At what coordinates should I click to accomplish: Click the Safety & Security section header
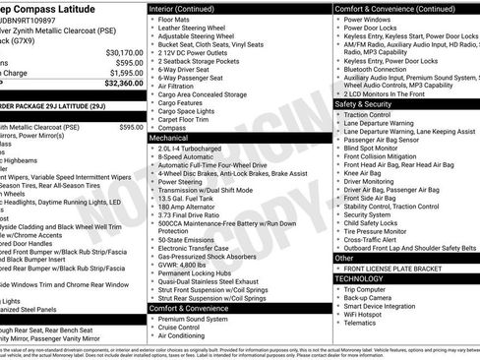[x=364, y=103]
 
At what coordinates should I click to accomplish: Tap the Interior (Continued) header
[x=188, y=8]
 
